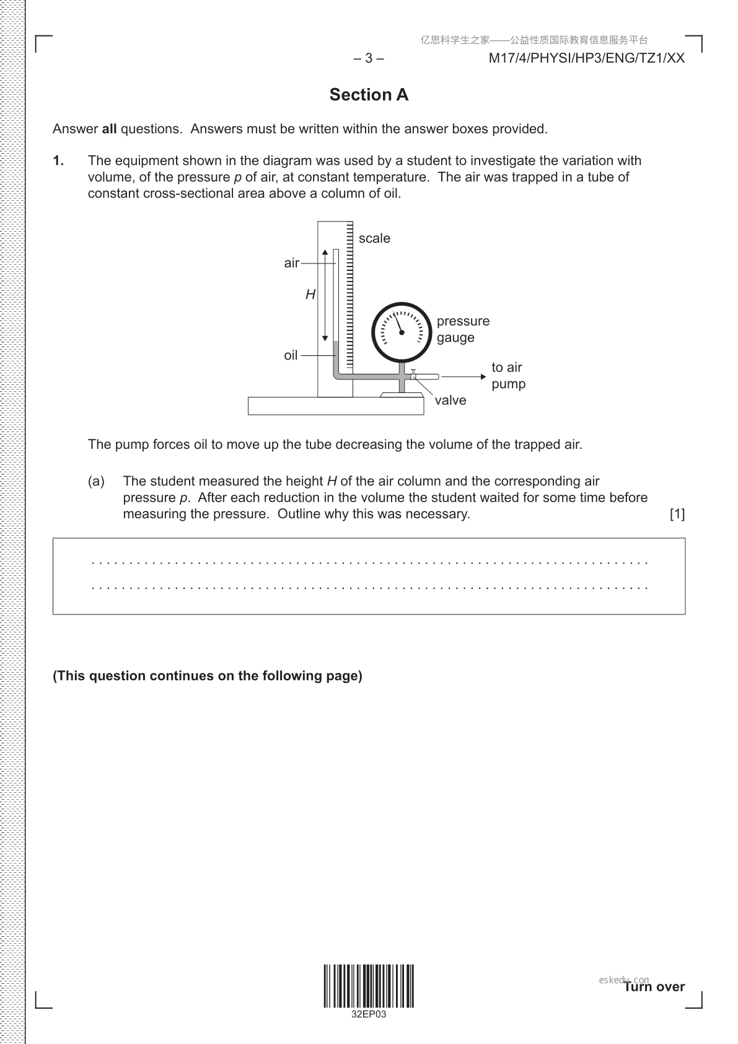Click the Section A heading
click(369, 95)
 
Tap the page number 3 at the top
click(369, 58)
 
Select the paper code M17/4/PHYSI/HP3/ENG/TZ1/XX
click(586, 58)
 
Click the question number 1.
click(58, 161)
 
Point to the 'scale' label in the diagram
click(374, 239)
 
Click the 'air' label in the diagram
click(291, 263)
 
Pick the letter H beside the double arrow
click(310, 295)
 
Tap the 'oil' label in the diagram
click(291, 356)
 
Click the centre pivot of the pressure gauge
click(402, 333)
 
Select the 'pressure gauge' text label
click(463, 329)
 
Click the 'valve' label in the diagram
click(450, 400)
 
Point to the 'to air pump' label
click(508, 376)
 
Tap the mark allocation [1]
click(677, 514)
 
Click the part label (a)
click(96, 481)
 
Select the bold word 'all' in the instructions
click(109, 129)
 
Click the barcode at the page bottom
click(369, 986)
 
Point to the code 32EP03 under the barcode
click(369, 1015)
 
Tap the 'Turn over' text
click(654, 987)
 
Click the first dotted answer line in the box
click(369, 563)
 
